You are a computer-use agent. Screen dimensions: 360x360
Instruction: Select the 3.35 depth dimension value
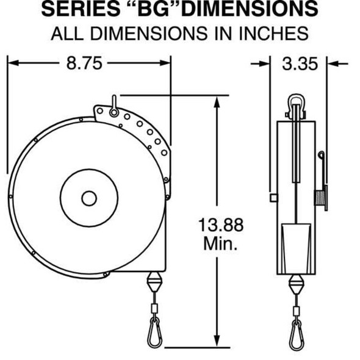(299, 63)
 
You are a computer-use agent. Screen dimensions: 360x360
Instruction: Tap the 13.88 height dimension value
(220, 225)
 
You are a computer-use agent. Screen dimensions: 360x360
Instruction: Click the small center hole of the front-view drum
(89, 198)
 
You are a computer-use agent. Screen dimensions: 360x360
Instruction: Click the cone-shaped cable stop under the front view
(154, 284)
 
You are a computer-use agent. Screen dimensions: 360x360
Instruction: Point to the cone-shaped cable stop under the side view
(297, 284)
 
